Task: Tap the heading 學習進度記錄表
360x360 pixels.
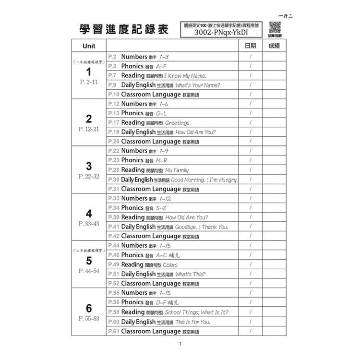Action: coord(124,30)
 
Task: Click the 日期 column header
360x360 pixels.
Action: coord(250,46)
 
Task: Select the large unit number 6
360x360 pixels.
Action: coord(89,308)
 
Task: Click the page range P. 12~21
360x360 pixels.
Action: coord(89,130)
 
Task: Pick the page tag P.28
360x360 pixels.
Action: coord(114,170)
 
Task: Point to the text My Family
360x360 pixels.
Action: coord(177,170)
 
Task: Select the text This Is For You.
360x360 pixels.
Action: coord(193,322)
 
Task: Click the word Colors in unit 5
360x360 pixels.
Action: coord(170,264)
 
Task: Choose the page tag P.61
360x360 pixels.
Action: coord(114,331)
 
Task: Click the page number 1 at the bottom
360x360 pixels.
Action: coord(180,344)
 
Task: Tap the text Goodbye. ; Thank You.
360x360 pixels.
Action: coord(202,227)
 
